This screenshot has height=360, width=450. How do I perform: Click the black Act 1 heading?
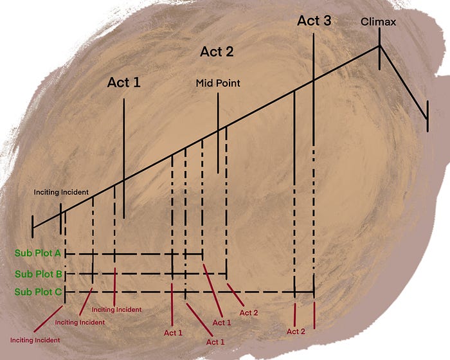click(123, 82)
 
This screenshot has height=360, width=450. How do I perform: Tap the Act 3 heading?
click(314, 21)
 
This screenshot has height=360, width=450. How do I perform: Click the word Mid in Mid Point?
click(205, 84)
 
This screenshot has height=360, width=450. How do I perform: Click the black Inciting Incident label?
click(61, 192)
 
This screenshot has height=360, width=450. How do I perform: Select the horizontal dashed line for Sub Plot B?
click(148, 274)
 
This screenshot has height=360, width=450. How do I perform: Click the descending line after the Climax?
click(403, 82)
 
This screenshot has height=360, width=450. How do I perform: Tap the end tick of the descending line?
click(426, 116)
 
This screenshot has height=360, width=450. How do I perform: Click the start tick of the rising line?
click(32, 226)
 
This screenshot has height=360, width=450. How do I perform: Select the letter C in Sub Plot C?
click(59, 292)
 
